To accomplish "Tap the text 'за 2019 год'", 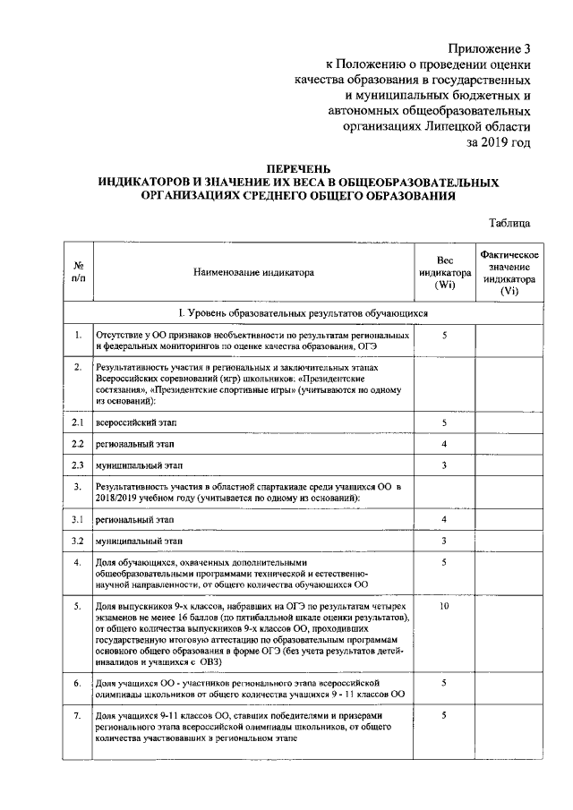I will (498, 141).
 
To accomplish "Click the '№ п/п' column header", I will (79, 271).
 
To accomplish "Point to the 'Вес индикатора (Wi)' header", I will (444, 272).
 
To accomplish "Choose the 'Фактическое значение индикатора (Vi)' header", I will (508, 272).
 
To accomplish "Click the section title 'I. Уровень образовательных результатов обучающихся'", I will (302, 313).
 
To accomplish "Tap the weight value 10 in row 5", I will (444, 607).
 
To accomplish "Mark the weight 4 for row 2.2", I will (444, 444).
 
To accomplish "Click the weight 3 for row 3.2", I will (444, 541).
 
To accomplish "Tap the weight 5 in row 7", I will (444, 715).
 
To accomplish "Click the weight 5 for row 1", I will (444, 335).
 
